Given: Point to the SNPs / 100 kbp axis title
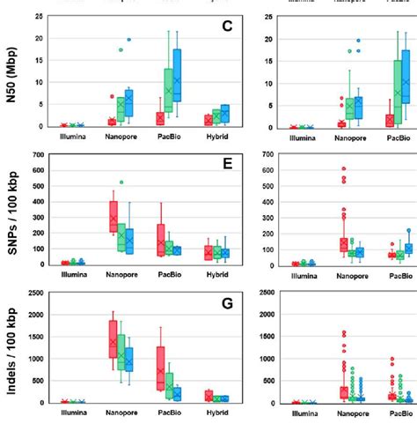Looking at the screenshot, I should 11,211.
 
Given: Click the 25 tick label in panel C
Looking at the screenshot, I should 38,17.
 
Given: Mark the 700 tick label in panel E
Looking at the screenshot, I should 35,155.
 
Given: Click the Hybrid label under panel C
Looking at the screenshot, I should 216,138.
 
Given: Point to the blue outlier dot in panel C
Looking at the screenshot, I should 129,40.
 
